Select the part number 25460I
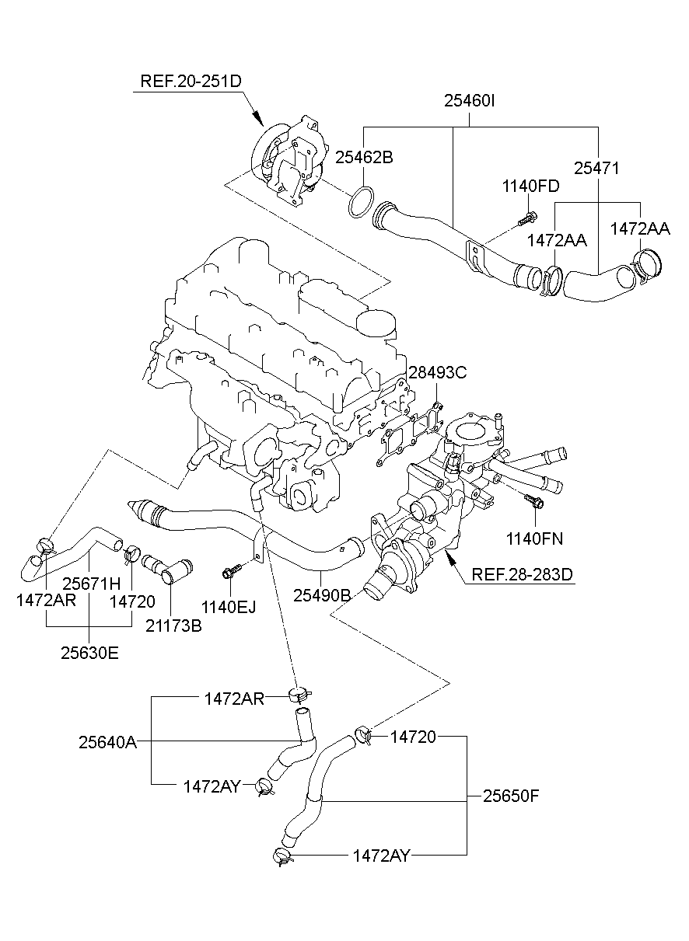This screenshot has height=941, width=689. [x=470, y=101]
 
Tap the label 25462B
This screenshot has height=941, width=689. [x=364, y=157]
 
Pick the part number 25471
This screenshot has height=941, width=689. [x=596, y=169]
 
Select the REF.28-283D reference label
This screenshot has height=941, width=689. [x=522, y=575]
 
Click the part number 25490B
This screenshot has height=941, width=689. [x=321, y=595]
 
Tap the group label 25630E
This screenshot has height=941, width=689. [x=89, y=653]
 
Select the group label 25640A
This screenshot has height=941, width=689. [x=107, y=742]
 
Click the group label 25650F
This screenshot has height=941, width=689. [x=511, y=796]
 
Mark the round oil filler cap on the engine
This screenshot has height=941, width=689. [x=377, y=322]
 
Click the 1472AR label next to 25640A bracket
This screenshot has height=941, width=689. [x=234, y=699]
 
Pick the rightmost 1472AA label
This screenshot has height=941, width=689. [x=639, y=228]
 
